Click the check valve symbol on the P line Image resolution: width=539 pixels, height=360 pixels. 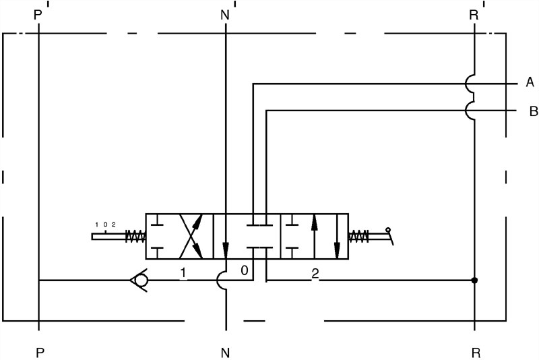(139, 280)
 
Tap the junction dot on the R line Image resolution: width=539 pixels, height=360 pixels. (474, 280)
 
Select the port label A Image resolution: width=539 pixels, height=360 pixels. (530, 82)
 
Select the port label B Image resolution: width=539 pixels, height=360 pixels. (534, 111)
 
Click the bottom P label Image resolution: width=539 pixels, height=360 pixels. (40, 353)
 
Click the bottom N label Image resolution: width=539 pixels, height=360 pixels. (225, 353)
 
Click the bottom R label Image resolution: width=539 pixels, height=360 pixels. (476, 353)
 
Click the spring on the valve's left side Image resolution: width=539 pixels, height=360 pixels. (135, 236)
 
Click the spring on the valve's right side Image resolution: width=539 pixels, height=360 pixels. (358, 236)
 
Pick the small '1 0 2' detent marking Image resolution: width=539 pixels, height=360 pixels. (105, 225)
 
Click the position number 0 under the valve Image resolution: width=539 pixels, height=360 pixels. (244, 270)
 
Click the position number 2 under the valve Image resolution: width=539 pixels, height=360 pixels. (315, 274)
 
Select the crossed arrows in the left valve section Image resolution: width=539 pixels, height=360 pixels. (191, 236)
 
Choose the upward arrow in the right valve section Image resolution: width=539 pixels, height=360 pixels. (314, 236)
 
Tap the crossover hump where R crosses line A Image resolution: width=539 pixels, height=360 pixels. (470, 83)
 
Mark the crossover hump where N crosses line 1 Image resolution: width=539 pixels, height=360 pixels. (222, 280)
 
